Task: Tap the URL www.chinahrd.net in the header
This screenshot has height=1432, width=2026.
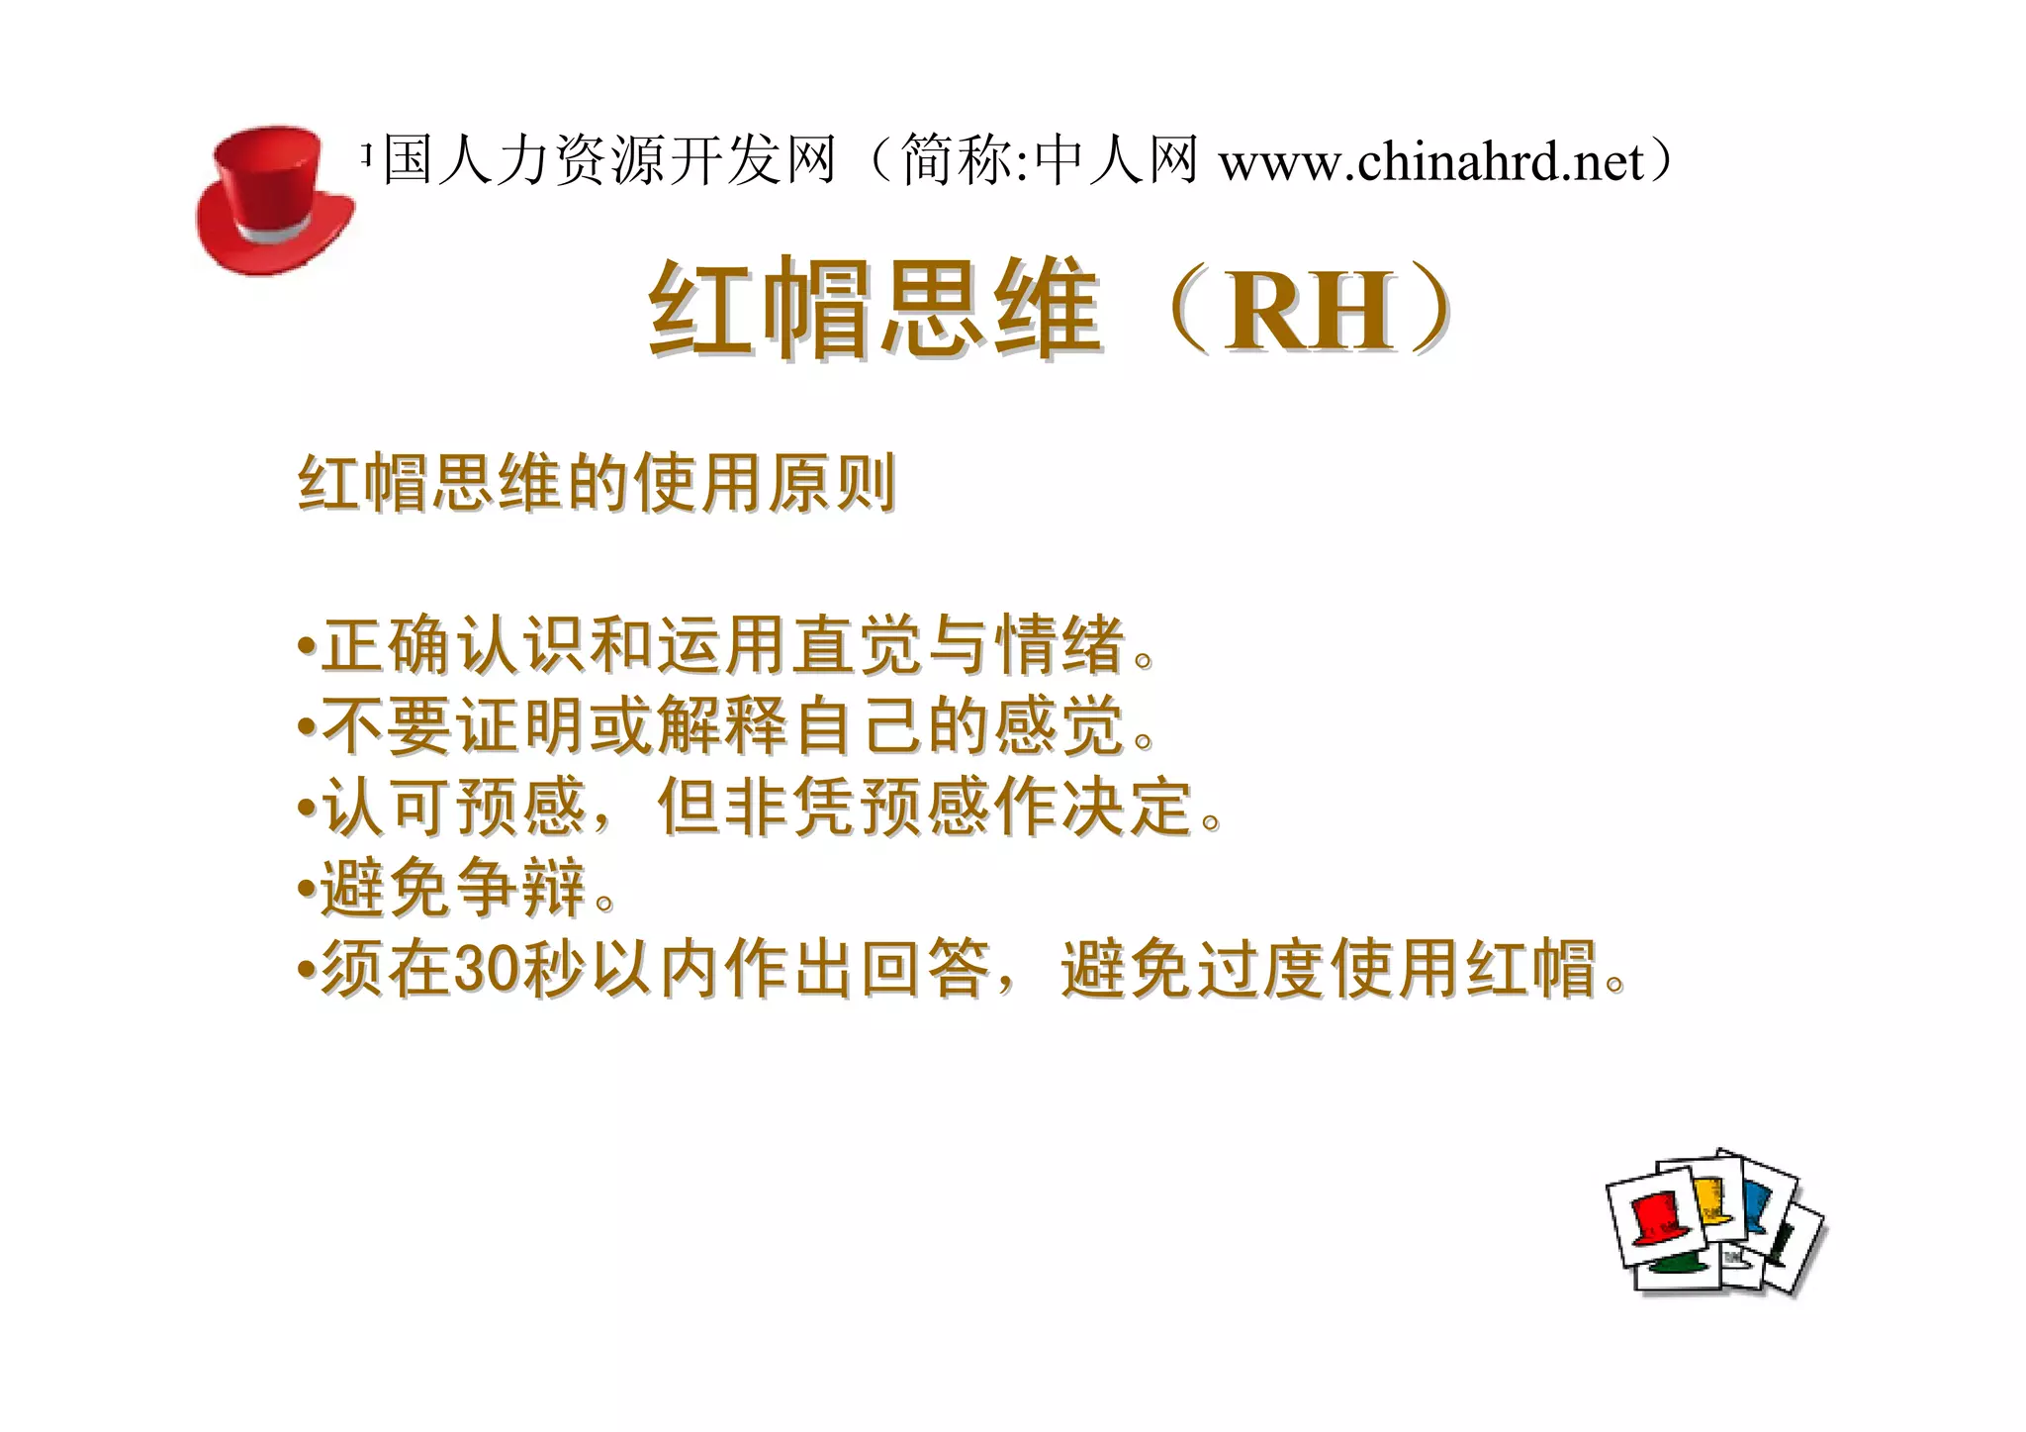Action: pos(1430,162)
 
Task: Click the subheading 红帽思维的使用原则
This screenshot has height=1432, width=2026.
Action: pos(597,484)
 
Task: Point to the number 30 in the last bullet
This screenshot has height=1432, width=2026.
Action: pos(486,969)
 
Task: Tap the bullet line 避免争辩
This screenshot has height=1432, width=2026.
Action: pos(455,888)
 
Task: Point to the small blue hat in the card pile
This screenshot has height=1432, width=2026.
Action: pos(1755,1202)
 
